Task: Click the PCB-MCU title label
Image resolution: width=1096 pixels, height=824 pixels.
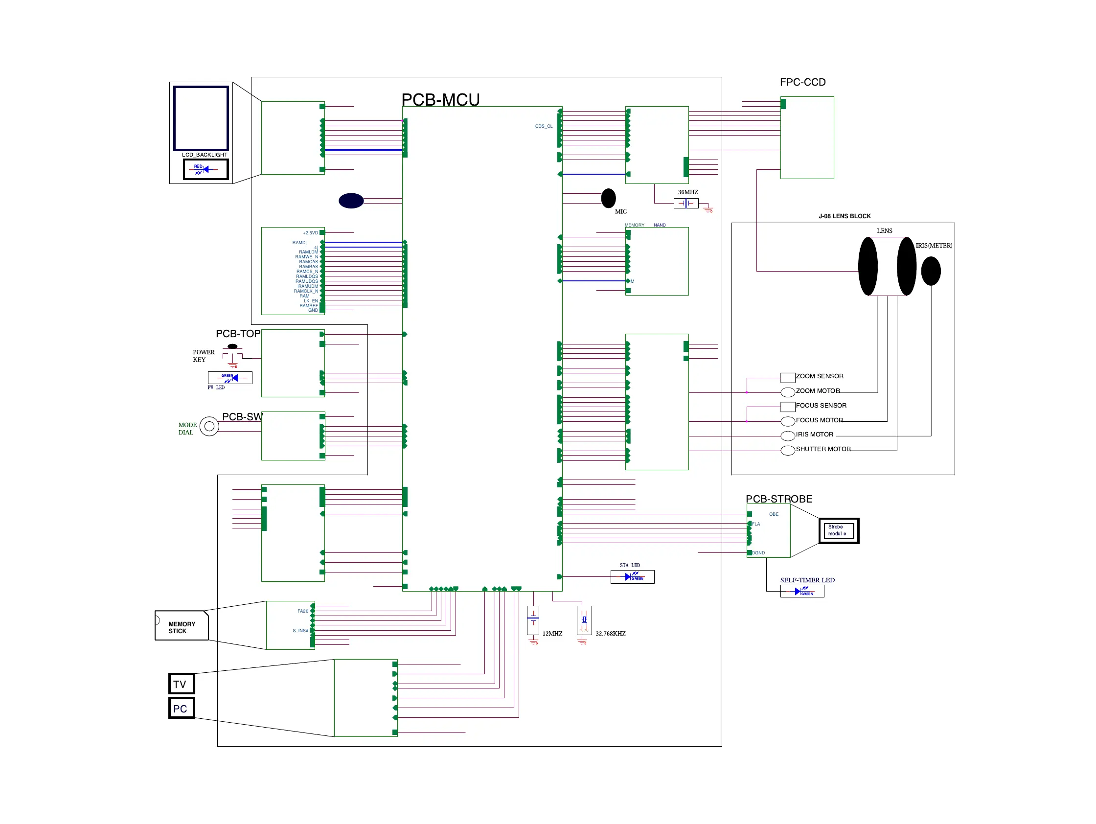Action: point(440,100)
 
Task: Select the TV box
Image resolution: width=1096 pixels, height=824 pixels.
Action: point(181,684)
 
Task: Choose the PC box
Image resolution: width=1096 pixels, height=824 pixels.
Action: point(181,708)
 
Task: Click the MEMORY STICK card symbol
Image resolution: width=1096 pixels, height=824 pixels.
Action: point(182,626)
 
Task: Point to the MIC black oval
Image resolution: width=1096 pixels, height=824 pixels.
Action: point(608,198)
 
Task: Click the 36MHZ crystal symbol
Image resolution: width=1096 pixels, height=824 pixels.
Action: point(686,203)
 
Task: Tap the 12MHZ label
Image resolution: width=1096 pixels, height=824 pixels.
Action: point(552,634)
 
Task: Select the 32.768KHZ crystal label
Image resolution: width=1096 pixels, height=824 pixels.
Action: point(611,634)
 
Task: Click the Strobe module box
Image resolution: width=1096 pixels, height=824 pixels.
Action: point(838,531)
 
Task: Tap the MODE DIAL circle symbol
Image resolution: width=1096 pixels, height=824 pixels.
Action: point(209,426)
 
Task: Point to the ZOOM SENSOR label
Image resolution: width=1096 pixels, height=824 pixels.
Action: point(820,376)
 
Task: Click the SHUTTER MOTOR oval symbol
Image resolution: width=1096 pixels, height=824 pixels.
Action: point(788,450)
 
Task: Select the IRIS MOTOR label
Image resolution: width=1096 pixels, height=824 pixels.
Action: point(815,435)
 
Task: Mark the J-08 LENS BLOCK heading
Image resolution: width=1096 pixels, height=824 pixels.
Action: point(845,216)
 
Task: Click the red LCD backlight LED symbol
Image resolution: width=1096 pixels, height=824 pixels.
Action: point(205,169)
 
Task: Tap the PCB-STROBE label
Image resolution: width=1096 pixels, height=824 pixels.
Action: point(779,499)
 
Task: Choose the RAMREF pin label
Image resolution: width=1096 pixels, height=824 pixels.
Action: point(308,306)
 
